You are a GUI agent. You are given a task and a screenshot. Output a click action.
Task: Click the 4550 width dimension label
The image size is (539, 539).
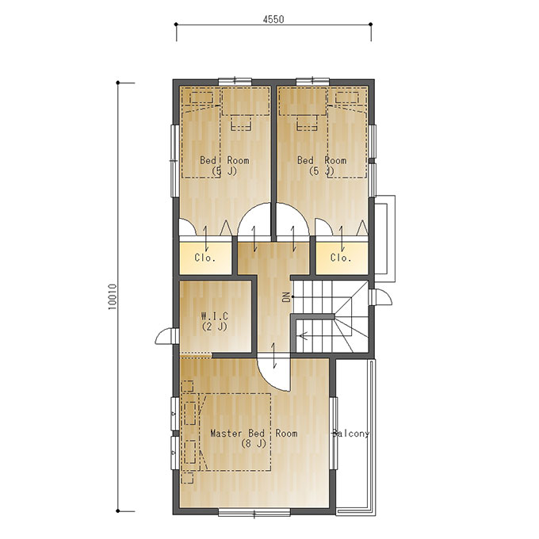tap(273, 19)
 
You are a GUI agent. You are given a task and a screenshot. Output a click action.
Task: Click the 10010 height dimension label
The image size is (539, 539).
tap(113, 296)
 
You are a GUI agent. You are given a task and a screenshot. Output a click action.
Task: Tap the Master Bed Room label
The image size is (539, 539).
tap(254, 433)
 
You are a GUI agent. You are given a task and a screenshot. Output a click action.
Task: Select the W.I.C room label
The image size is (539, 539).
tap(215, 321)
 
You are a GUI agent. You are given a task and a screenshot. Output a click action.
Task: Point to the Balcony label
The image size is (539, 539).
tap(351, 434)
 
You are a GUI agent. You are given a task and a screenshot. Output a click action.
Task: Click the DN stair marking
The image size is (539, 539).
tap(286, 296)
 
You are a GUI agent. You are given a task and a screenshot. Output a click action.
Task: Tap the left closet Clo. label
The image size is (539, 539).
tap(205, 258)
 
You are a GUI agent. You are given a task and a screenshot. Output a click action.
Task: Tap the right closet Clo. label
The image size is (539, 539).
tap(341, 258)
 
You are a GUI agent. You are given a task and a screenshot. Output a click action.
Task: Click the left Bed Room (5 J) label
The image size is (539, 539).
tap(224, 166)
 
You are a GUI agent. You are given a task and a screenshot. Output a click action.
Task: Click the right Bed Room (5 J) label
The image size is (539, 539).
tap(322, 166)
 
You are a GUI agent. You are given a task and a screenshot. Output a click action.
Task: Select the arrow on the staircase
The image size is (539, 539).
tap(304, 335)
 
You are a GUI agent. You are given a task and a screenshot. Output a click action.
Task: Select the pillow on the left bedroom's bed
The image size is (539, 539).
tap(201, 97)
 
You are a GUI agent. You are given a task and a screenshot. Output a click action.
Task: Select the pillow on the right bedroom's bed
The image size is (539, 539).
tap(347, 97)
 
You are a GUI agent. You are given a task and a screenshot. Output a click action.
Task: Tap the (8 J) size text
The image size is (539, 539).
tap(254, 443)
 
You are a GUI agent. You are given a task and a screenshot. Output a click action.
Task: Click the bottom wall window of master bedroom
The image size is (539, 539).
tap(254, 513)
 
